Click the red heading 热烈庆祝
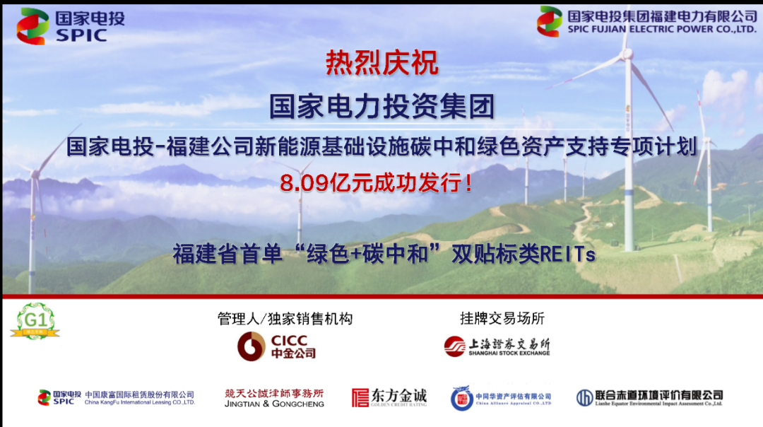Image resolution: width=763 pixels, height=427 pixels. tap(381, 64)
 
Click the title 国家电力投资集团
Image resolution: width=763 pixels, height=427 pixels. tap(381, 107)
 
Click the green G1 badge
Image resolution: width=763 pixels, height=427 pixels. tap(34, 322)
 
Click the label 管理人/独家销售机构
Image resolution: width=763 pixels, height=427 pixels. tap(285, 319)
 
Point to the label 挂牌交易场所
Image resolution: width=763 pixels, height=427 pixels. tap(502, 319)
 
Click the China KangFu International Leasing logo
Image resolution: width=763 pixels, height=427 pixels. tap(116, 397)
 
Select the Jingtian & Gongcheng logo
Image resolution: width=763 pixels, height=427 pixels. tap(274, 398)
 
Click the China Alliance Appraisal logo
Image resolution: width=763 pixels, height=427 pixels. tap(501, 398)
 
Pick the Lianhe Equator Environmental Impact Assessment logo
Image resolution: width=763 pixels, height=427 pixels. tap(649, 397)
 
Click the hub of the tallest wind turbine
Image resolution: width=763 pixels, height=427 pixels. tap(627, 54)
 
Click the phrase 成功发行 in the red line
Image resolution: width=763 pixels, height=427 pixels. tap(416, 184)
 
